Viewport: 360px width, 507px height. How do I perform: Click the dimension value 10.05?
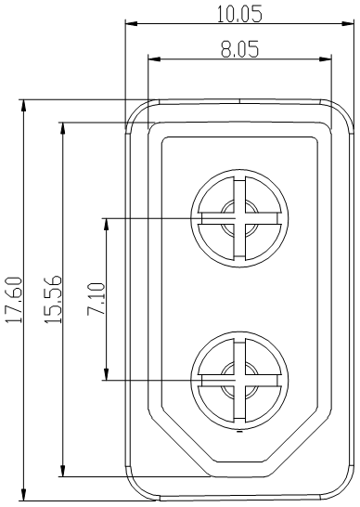coord(238,13)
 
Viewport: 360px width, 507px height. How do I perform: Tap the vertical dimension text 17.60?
coord(12,300)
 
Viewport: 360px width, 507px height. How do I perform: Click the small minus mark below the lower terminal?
coord(238,432)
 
